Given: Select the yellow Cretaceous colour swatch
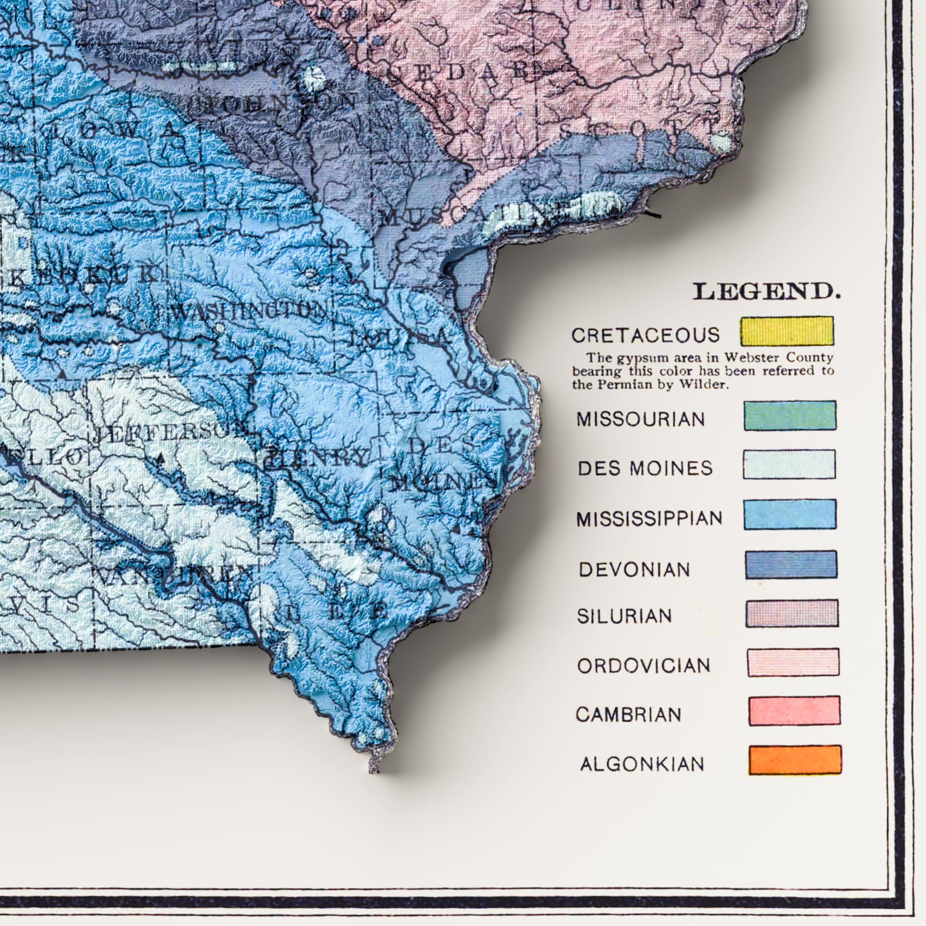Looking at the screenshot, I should coord(786,331).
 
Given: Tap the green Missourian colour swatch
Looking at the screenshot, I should coord(790,416).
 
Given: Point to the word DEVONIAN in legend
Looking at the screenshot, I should coord(634,570).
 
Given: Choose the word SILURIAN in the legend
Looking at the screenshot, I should coord(624,616).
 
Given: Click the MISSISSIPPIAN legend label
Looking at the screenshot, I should coord(649,519).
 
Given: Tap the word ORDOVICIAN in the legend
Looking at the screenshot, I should coord(644,666).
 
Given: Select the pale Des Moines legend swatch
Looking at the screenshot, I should coord(789,464).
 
